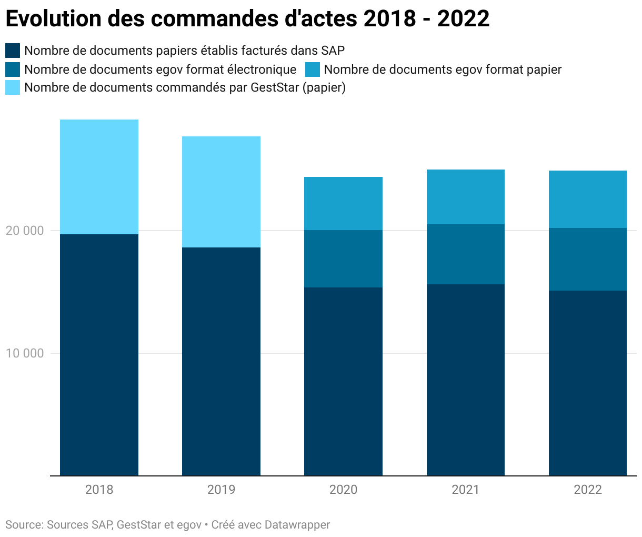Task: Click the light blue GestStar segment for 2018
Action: click(99, 177)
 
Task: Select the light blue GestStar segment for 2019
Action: click(221, 192)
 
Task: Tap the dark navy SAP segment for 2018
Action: click(99, 355)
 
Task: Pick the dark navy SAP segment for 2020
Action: click(343, 381)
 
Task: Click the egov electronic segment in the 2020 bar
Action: click(343, 258)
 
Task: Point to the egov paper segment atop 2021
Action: click(465, 197)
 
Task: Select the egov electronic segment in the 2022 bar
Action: click(587, 259)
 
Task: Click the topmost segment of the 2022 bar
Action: click(587, 199)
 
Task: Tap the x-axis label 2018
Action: click(99, 490)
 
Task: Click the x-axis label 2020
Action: click(343, 490)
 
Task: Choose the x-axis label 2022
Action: click(587, 490)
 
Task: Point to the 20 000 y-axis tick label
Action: click(25, 231)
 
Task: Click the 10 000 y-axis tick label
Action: click(25, 353)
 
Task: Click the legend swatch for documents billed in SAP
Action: click(13, 51)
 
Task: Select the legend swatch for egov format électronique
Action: click(13, 69)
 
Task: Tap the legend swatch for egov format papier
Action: click(313, 69)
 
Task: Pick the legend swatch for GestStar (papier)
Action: click(13, 87)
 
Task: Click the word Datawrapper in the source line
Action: click(297, 525)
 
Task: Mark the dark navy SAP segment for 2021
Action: click(465, 380)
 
